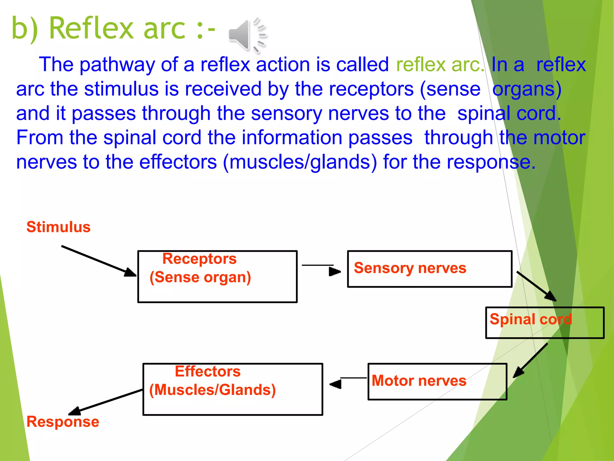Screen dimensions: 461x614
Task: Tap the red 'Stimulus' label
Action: coord(58,227)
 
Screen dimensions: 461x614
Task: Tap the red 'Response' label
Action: coord(63,422)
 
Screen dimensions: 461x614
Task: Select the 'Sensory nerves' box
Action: coord(429,269)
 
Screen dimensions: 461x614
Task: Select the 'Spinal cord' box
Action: coord(544,323)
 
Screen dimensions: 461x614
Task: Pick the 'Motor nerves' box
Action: coord(437,381)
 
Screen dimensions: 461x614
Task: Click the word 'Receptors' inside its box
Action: coord(199,259)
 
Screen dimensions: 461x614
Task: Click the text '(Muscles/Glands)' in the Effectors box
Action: coord(212,390)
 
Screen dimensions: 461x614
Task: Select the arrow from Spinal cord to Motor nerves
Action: coord(531,360)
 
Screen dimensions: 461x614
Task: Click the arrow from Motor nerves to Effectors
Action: coord(348,381)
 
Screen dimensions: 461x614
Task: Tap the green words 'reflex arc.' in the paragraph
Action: coord(440,65)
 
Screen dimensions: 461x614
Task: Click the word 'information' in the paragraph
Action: coord(292,138)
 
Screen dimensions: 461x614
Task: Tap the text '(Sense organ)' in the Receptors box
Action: coord(200,277)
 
